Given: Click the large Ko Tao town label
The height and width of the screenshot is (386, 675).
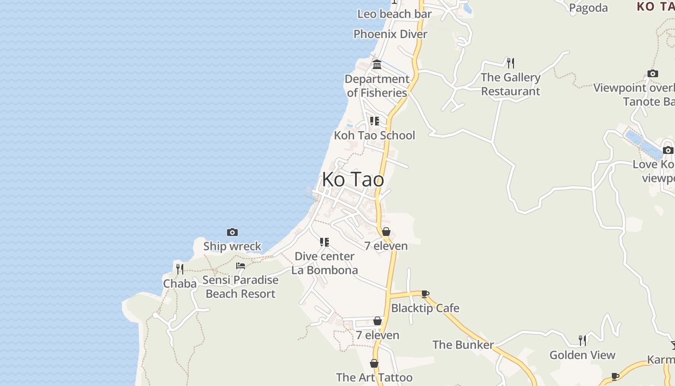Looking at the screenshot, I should tap(353, 179).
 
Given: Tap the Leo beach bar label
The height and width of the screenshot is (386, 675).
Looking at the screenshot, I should tap(394, 14).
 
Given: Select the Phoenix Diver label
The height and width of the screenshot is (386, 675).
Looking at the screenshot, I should tap(391, 34).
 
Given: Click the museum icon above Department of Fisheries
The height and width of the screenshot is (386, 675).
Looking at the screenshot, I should tap(377, 64).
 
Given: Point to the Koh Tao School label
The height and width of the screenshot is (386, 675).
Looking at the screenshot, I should tap(375, 135).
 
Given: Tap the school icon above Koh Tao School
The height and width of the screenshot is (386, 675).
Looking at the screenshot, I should tap(375, 121).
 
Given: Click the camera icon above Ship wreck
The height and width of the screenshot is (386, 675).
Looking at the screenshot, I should tap(232, 233).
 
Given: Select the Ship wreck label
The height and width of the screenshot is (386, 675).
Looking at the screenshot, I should tap(232, 246).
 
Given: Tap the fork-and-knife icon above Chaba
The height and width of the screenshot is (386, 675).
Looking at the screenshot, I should tap(180, 269).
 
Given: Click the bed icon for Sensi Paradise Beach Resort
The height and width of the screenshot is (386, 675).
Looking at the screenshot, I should tap(241, 266).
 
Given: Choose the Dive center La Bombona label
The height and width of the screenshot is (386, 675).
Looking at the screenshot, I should tap(324, 263).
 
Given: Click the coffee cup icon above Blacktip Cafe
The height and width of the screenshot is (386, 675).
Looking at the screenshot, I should tap(425, 294).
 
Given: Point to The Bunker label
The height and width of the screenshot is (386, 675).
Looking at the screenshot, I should tap(463, 345).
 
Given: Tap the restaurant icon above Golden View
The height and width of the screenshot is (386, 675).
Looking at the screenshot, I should tap(582, 341).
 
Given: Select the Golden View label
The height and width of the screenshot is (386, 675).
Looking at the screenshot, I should tap(582, 355).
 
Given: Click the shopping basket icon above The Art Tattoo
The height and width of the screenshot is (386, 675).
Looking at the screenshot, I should tap(374, 363).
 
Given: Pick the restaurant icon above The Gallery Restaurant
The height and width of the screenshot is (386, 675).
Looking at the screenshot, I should tap(511, 63).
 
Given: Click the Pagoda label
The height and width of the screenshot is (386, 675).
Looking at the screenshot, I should tap(588, 8).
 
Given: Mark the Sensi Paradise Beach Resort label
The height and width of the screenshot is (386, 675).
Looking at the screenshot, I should tap(241, 287).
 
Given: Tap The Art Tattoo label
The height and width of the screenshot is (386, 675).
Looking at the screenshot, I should tap(374, 377).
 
